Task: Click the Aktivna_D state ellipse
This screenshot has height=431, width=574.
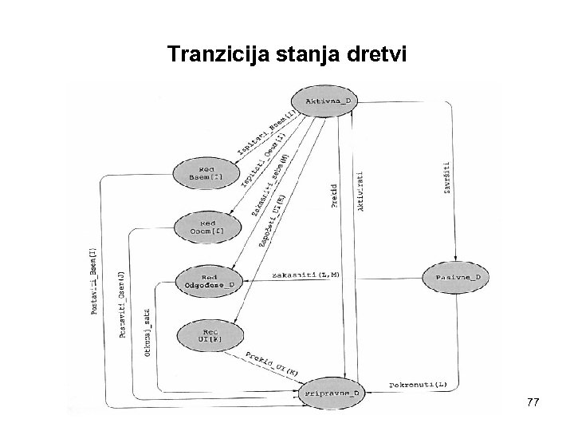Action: click(327, 101)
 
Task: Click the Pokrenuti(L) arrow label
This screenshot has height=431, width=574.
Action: click(419, 384)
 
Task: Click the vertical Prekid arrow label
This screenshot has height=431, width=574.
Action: click(334, 196)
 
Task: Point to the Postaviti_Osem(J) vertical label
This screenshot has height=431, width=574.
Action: click(122, 305)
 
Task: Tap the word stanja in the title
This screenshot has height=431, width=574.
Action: click(304, 55)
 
